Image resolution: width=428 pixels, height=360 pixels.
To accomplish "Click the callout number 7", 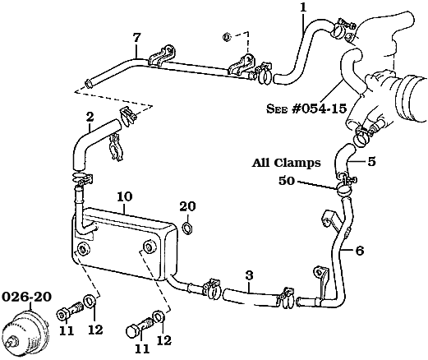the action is [x=136, y=38].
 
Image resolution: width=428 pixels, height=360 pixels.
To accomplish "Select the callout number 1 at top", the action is [x=303, y=7].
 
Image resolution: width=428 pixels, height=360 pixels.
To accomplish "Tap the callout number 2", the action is [x=90, y=117].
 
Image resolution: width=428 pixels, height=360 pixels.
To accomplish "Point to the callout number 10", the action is [x=125, y=196].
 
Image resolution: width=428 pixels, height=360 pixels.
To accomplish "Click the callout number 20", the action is [x=187, y=206].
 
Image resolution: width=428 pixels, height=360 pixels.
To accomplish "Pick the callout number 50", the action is [x=287, y=181].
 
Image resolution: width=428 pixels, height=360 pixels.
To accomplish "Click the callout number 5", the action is [x=371, y=162].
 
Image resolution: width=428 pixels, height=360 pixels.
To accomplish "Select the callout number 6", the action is [x=360, y=251].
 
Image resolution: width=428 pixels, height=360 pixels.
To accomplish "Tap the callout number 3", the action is [x=249, y=276].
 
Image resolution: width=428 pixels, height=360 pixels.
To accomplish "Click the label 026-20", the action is [x=26, y=297].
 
